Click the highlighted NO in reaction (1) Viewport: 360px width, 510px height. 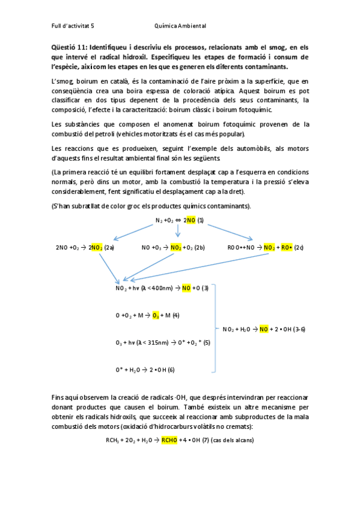[x=191, y=220]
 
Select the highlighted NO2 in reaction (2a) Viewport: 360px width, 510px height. [x=96, y=247]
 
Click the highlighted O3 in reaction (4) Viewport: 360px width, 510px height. [x=156, y=315]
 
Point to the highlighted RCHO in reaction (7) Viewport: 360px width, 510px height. [x=171, y=441]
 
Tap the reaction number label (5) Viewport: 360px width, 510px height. [x=207, y=342]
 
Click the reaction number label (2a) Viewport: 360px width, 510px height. [x=109, y=247]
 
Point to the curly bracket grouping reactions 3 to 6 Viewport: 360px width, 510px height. [x=212, y=328]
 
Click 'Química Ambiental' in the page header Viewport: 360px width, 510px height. [x=180, y=26]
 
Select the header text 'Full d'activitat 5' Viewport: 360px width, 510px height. [x=73, y=26]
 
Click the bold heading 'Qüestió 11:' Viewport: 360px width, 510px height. [x=69, y=48]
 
